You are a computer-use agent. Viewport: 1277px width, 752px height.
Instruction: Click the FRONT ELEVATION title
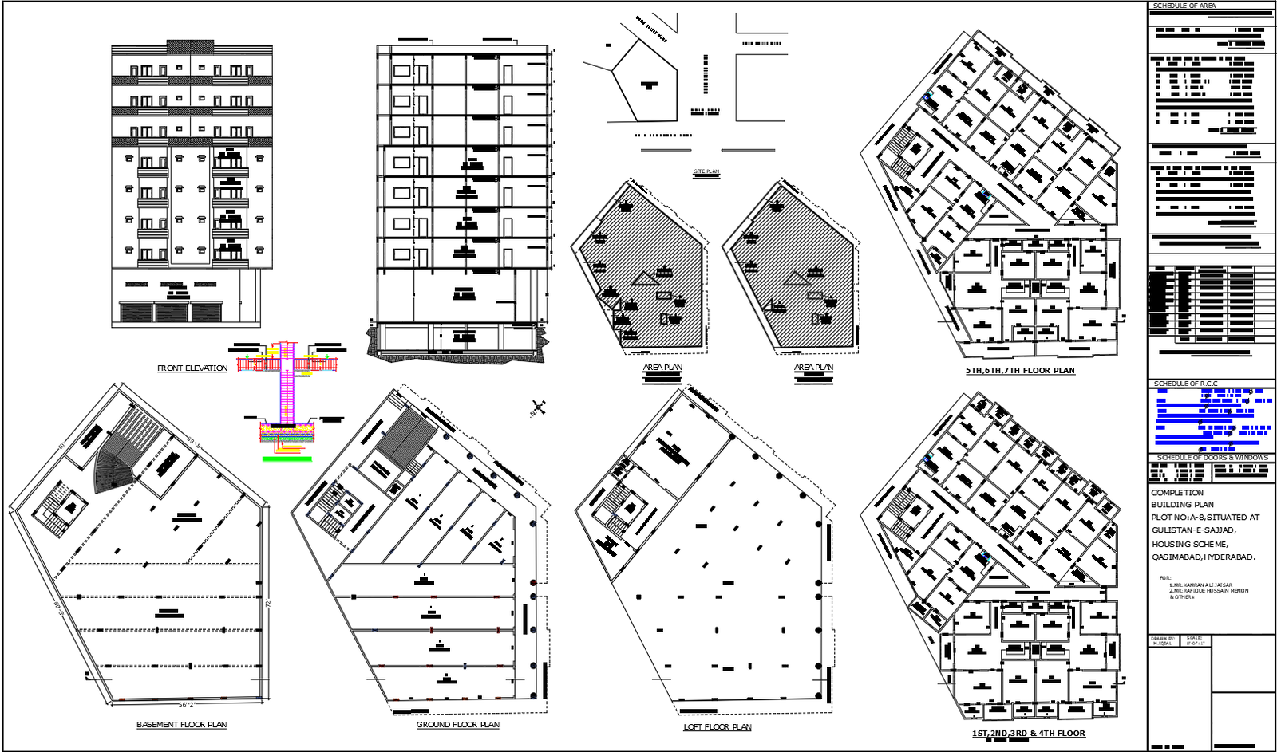192,368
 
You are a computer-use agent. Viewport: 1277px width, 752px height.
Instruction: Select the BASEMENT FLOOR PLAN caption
181,725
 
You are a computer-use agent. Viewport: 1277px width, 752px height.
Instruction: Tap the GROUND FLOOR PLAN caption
457,725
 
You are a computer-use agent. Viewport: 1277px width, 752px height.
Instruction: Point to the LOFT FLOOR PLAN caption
717,727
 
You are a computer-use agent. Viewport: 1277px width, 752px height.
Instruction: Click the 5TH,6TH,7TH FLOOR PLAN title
1019,371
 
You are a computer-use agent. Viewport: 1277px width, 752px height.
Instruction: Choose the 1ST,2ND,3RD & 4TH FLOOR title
1028,734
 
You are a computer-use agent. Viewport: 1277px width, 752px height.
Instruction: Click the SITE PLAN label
706,172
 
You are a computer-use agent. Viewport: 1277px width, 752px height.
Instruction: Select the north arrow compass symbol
538,409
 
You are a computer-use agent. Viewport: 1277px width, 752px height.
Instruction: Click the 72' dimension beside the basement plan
268,604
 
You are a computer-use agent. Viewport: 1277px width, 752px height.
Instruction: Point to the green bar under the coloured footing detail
287,459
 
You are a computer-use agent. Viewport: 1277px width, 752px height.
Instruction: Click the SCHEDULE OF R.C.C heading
1185,384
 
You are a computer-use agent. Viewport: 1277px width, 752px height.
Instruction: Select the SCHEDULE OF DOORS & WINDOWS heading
1212,458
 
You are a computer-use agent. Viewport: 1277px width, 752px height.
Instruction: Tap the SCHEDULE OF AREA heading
1184,6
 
